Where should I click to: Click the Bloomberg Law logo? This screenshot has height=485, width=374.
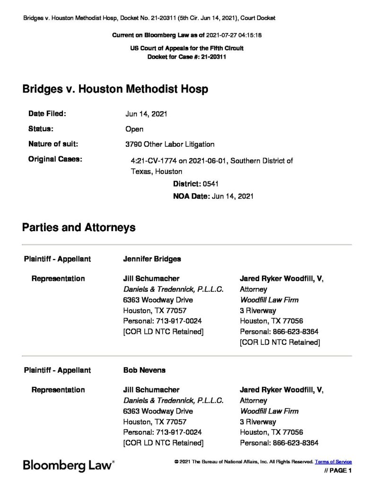[68, 466]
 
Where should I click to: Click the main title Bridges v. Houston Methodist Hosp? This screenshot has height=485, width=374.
[115, 90]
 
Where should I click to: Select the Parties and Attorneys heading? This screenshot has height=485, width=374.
[79, 227]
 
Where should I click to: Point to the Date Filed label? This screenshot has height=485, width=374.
[47, 114]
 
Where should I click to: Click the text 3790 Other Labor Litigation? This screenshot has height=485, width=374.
[170, 144]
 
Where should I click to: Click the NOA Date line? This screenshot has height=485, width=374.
[213, 196]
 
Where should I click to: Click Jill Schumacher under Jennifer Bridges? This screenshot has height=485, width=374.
[151, 278]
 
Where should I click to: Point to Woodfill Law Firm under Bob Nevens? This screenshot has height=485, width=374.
[269, 411]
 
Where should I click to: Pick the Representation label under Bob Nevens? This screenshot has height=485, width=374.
[58, 390]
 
